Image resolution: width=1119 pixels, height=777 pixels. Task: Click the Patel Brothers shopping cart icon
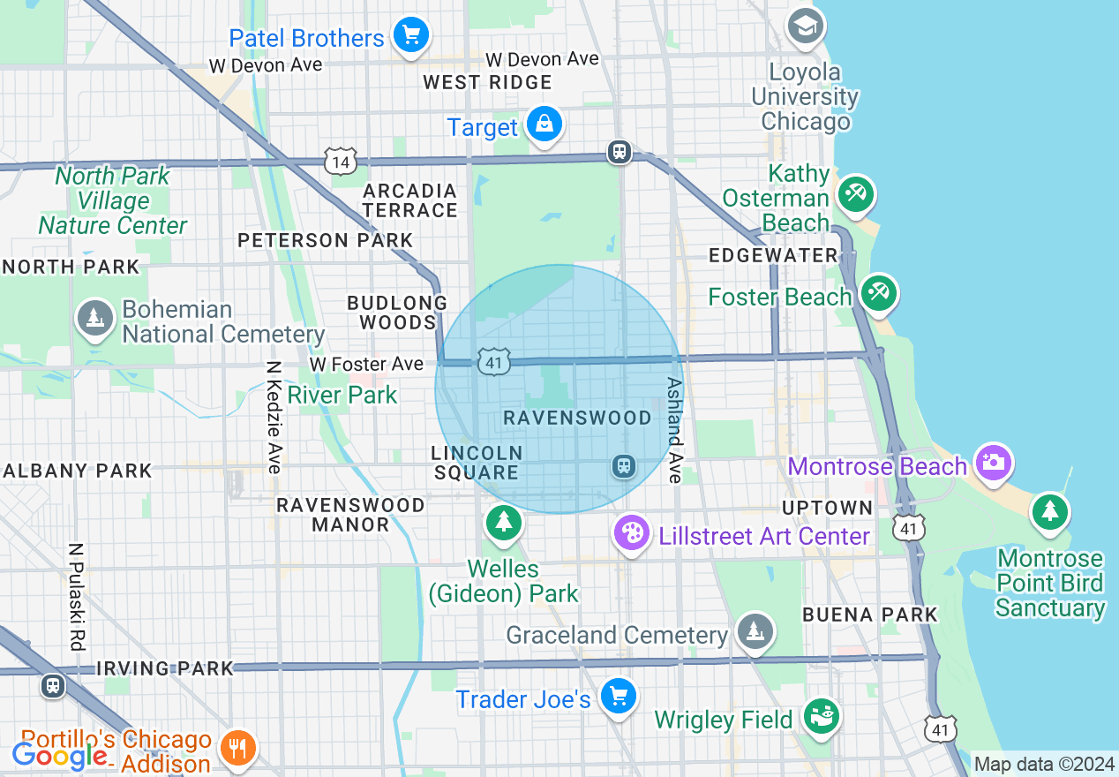coord(410,35)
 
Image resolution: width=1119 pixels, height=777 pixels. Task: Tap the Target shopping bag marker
coord(545,124)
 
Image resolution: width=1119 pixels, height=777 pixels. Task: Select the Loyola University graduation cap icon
coord(805,26)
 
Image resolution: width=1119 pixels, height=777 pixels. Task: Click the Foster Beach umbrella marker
coord(878,292)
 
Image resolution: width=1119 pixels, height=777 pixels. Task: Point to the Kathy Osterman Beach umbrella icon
coord(855,193)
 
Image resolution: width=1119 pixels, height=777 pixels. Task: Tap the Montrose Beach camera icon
coord(994,462)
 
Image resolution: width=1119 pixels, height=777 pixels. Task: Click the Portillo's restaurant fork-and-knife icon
coord(237,747)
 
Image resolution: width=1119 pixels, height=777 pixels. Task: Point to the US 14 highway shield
coord(340,162)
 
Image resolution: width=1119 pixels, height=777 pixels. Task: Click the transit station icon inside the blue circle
coord(624,465)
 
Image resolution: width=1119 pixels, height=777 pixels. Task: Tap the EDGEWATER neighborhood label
coord(773,255)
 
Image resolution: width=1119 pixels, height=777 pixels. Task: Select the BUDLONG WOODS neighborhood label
coord(397,313)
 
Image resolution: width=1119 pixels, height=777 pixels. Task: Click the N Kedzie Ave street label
coord(274,416)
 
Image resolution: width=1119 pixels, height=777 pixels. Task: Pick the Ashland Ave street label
coord(674,430)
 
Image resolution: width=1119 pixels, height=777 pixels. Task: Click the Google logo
coord(59,756)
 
